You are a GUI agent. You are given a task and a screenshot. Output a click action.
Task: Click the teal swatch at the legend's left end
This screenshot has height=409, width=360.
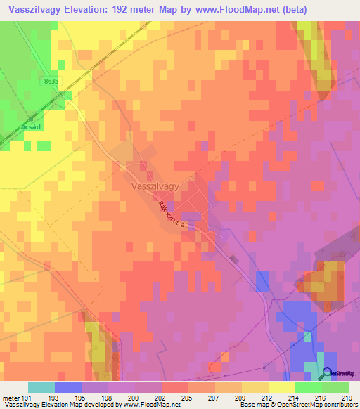pos(41,387)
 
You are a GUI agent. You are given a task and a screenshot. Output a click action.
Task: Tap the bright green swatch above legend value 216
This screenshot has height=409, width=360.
pos(309,387)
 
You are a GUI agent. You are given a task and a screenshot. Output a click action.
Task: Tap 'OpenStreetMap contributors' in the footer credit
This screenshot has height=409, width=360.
pos(324,405)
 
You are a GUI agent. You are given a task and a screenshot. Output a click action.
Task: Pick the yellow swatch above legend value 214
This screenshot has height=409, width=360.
pos(282,387)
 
